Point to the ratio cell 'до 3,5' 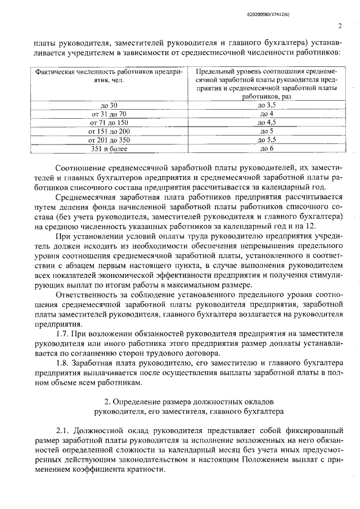coord(267,105)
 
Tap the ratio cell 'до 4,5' coord(267,122)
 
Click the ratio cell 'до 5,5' coord(267,139)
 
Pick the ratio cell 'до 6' coord(267,148)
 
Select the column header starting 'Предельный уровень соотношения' coord(267,84)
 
